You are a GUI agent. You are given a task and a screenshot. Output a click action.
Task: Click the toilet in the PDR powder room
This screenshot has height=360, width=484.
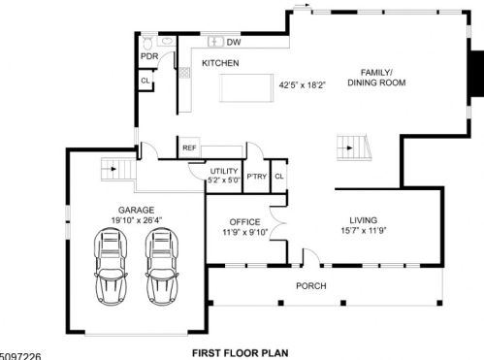(147, 44)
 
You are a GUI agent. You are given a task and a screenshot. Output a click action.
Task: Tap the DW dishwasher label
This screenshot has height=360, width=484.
(234, 42)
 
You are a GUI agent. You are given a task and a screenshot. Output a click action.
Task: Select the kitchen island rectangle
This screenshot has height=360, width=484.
(246, 87)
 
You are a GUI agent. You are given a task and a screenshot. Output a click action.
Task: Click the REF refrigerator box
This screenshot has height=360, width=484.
(189, 147)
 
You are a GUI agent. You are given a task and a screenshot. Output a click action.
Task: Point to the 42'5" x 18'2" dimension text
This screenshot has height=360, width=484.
(302, 85)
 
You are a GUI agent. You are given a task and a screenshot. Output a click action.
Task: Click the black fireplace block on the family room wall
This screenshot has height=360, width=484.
(477, 74)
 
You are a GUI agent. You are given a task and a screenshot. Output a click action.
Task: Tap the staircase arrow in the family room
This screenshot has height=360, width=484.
(349, 147)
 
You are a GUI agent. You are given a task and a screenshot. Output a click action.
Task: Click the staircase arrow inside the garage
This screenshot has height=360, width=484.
(113, 169)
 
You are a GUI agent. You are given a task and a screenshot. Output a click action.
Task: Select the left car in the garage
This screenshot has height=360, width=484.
(111, 266)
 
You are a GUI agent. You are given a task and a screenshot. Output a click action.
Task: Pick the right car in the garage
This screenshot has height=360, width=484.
(162, 266)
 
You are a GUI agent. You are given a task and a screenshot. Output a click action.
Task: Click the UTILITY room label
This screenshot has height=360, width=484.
(224, 171)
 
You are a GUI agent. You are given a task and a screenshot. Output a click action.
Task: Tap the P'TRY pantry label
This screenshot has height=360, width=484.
(257, 177)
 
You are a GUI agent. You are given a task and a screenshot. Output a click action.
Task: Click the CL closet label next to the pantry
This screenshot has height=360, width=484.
(279, 177)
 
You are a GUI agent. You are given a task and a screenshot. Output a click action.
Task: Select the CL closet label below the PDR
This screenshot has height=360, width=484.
(145, 80)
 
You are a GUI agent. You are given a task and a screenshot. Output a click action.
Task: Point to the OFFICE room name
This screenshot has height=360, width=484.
(244, 222)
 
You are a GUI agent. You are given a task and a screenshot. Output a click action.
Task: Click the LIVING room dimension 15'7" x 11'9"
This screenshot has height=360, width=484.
(364, 231)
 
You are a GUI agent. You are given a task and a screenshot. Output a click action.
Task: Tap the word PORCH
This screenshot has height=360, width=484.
(311, 286)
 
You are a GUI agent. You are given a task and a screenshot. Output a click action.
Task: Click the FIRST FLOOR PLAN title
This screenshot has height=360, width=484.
(241, 353)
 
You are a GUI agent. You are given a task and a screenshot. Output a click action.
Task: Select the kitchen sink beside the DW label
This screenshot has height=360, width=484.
(215, 42)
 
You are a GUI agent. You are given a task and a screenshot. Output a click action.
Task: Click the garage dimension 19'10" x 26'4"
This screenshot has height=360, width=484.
(137, 220)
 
